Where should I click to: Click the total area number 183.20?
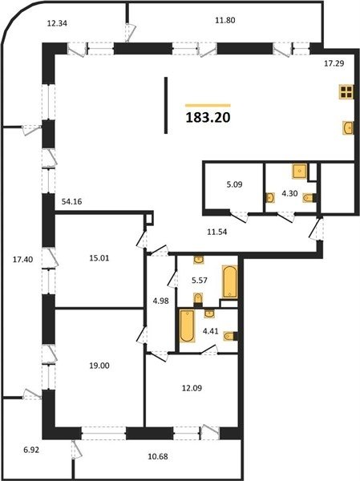click(208, 117)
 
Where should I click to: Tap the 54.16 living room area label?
click(71, 202)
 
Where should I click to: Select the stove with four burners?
click(346, 91)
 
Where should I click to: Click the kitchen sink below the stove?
click(348, 127)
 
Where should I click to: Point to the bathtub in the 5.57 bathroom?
click(230, 282)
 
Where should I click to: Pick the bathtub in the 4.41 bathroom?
click(187, 325)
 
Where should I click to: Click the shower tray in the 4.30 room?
click(299, 172)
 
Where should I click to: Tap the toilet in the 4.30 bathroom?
click(309, 198)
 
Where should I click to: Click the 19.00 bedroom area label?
click(99, 366)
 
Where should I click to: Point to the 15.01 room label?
click(99, 258)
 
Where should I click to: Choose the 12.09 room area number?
click(192, 388)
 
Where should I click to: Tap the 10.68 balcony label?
click(158, 456)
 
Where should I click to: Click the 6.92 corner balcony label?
click(31, 451)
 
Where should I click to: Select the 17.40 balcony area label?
click(22, 260)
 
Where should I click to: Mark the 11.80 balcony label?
click(225, 21)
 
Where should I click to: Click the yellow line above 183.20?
click(208, 105)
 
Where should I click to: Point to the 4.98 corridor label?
click(161, 301)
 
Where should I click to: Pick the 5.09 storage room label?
click(234, 184)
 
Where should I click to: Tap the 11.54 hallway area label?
click(217, 232)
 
